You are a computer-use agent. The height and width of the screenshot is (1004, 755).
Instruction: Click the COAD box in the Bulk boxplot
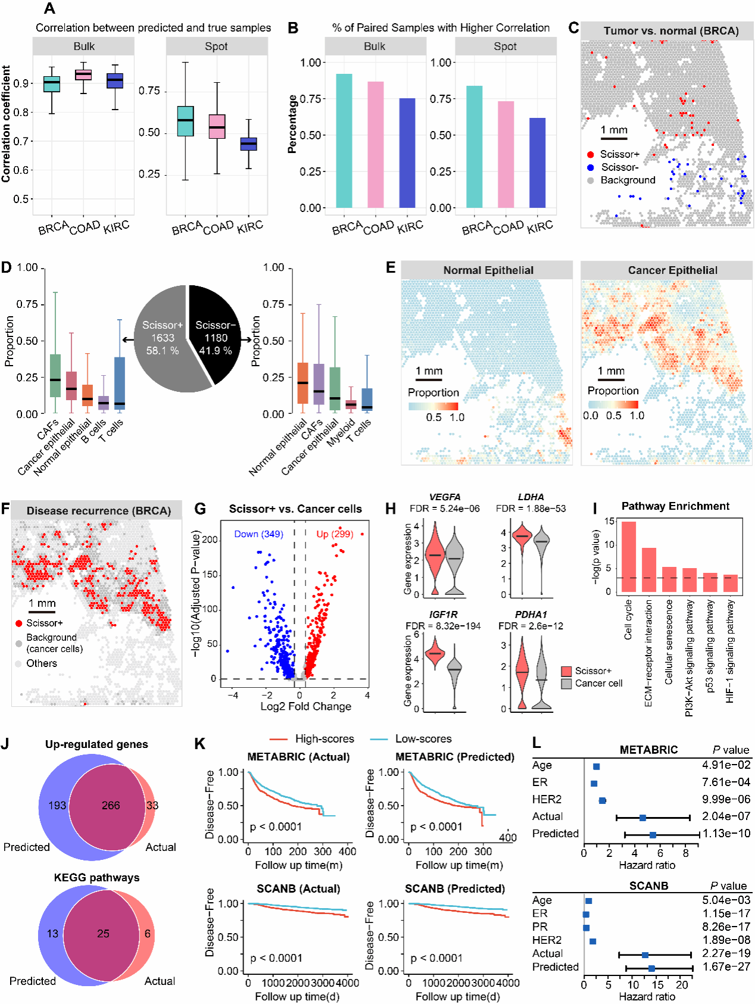point(83,74)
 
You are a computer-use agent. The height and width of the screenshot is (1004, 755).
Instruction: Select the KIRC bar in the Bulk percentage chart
point(407,153)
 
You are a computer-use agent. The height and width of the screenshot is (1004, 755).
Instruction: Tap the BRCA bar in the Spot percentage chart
point(474,146)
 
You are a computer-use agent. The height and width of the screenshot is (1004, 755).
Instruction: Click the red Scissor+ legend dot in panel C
point(590,154)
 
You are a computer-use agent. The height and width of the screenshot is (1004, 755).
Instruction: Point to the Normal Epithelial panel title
point(488,270)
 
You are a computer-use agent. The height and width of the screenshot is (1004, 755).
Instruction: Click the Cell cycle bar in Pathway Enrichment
point(629,556)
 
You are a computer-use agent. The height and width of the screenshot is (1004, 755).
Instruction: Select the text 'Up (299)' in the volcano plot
point(335,534)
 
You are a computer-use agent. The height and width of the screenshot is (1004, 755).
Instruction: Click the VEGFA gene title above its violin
point(445,497)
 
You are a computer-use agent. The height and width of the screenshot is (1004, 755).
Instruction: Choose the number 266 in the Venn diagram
point(111,805)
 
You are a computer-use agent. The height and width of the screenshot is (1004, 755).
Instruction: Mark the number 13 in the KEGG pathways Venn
point(52,933)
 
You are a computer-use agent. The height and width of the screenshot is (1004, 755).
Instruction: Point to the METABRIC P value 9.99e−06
point(726,799)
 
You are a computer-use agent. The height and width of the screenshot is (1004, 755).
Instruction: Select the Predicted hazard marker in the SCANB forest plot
point(651,969)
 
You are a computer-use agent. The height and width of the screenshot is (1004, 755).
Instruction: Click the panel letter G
point(200,509)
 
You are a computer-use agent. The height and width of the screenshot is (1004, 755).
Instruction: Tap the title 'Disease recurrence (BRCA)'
point(99,511)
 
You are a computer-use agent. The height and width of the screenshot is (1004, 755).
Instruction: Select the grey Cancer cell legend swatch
point(566,684)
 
